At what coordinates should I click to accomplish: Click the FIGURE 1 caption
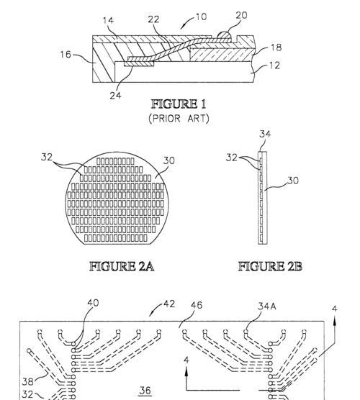coord(179,104)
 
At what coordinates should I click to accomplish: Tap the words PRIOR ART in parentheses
coord(179,119)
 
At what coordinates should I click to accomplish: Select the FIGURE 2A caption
coord(122,266)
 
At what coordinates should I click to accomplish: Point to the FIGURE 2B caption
coord(270,266)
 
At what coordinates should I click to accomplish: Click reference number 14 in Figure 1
coord(108,20)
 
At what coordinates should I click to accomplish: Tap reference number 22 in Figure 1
coord(153,19)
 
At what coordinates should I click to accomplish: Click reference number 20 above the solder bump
coord(241,15)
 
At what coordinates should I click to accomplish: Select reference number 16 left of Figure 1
coord(66,55)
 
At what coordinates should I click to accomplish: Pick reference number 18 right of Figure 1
coord(276,47)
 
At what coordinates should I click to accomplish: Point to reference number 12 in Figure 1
coord(275,65)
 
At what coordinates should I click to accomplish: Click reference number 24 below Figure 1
coord(115,96)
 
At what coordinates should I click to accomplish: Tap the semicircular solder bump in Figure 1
coord(224,35)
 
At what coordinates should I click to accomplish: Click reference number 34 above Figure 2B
coord(265,134)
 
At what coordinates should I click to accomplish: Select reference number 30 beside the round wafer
coord(168,160)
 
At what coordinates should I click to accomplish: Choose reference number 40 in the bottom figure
coord(93,303)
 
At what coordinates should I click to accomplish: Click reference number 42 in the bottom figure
coord(169,304)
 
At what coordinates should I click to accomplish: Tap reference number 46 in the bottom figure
coord(197,305)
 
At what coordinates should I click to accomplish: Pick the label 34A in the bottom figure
coord(267,306)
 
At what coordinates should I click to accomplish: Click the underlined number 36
coord(145,391)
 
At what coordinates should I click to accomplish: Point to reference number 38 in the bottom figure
coord(28,382)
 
